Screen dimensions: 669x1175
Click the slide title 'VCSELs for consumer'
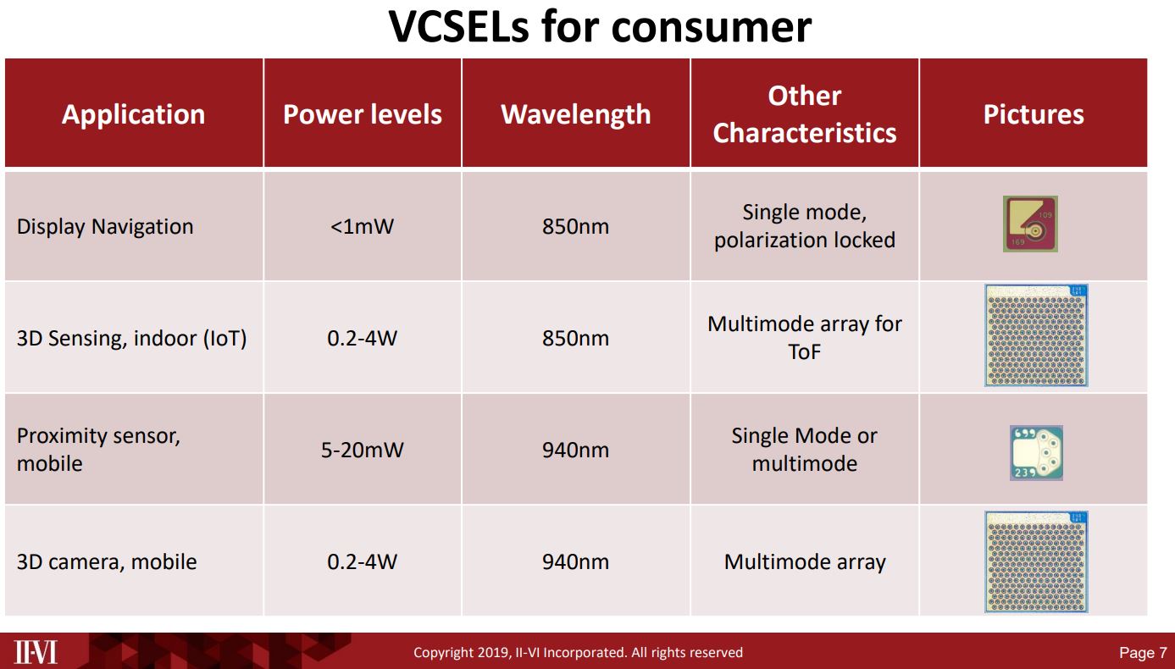click(600, 27)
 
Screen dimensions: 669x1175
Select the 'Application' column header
click(133, 114)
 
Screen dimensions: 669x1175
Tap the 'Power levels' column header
click(362, 114)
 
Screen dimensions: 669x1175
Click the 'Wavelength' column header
click(576, 114)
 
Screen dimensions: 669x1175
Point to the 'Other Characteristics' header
click(804, 114)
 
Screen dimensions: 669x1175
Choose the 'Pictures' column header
click(1033, 114)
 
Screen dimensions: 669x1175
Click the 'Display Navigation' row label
click(105, 227)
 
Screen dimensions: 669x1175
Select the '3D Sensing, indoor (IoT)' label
click(131, 338)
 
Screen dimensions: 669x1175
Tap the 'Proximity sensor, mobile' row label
click(98, 450)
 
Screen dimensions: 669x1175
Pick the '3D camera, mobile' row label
click(107, 561)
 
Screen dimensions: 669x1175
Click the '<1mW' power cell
click(362, 227)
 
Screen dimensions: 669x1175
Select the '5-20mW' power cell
click(362, 450)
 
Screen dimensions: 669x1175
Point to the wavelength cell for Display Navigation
click(575, 227)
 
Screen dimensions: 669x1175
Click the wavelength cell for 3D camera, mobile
click(575, 561)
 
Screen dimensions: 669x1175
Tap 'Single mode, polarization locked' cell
click(804, 226)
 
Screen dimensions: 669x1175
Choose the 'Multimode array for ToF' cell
click(804, 337)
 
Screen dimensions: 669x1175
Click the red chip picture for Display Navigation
click(1031, 224)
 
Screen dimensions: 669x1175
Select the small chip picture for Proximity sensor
click(1035, 452)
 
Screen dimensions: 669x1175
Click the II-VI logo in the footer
click(36, 652)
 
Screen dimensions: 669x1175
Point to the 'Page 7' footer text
click(1142, 653)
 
